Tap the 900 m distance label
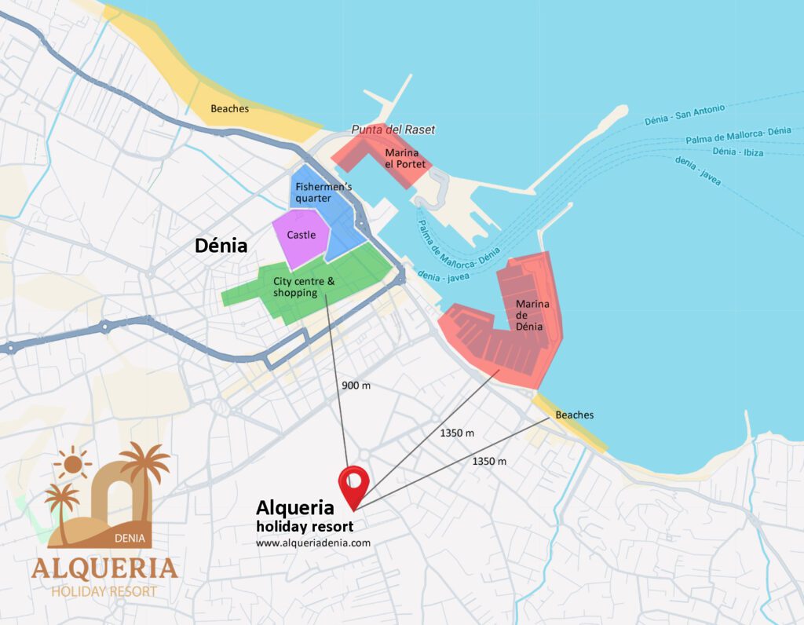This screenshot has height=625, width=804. point(356,386)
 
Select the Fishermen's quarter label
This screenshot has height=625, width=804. point(313,192)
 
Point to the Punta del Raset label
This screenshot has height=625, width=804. point(393,130)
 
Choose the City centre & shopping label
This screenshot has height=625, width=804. point(303,287)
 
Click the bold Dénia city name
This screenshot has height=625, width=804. point(221,246)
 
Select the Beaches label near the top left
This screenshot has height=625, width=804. point(229,109)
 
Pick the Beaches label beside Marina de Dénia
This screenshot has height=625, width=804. point(574,415)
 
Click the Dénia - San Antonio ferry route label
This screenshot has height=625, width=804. point(684,115)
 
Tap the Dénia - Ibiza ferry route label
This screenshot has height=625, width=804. point(737,152)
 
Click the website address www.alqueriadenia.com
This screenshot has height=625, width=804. point(312,543)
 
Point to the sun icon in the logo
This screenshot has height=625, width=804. point(73,463)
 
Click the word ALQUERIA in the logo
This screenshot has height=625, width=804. point(104,568)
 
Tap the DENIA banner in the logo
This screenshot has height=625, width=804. point(129,539)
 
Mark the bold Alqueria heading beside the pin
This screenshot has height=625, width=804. point(294,509)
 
